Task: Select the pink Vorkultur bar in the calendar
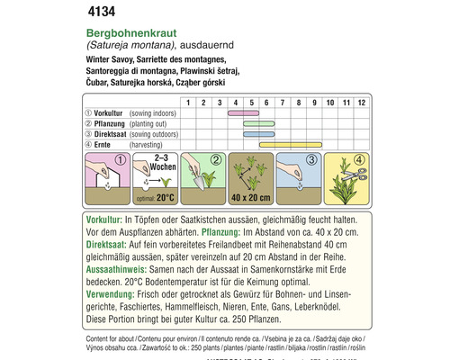pos(239,113)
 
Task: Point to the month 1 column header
pos(187,103)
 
